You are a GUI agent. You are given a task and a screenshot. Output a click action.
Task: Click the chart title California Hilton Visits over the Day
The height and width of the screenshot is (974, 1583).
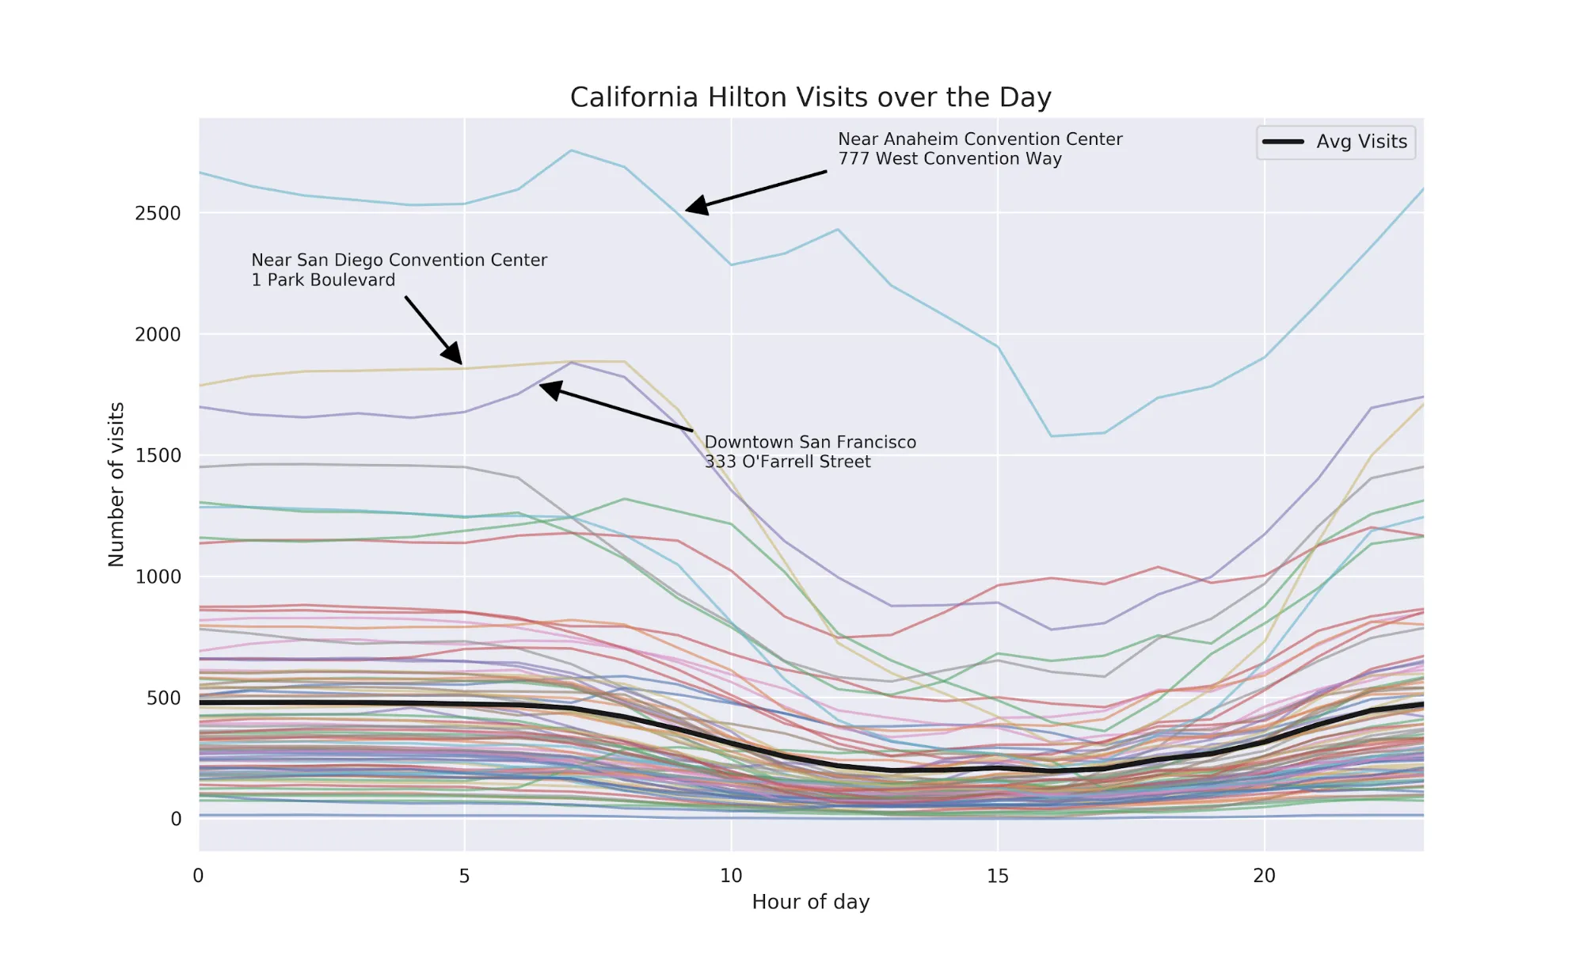click(x=810, y=97)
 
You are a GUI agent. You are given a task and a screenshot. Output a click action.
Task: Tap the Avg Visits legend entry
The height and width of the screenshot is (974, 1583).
click(x=1360, y=142)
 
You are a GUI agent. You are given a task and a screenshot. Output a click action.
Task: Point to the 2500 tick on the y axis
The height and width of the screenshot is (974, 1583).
click(x=158, y=213)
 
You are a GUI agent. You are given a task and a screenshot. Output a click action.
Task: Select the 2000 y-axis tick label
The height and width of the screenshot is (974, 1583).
click(x=158, y=334)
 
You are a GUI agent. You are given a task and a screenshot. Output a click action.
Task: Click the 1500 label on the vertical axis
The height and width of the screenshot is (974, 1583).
click(x=158, y=455)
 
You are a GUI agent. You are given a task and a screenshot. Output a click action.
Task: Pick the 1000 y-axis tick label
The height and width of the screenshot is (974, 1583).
click(x=158, y=576)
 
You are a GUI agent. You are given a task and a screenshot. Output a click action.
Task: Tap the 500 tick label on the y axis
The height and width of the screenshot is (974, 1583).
click(x=163, y=698)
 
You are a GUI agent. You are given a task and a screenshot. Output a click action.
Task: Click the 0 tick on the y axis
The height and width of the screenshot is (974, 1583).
click(x=176, y=819)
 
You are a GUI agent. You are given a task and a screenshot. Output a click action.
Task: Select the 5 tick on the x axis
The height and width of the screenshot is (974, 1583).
click(x=464, y=876)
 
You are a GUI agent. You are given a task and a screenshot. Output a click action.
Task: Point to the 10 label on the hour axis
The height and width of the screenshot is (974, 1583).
click(x=731, y=876)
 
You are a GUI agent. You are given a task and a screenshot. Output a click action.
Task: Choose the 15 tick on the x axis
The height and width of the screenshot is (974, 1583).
click(x=997, y=876)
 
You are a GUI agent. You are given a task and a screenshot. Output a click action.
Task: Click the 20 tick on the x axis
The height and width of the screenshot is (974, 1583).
click(x=1264, y=876)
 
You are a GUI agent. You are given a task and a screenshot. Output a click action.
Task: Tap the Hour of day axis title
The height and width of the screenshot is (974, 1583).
click(x=810, y=902)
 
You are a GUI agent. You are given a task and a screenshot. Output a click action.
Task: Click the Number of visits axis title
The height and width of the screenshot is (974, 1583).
click(x=116, y=484)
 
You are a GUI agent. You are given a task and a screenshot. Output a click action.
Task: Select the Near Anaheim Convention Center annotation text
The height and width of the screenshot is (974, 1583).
click(x=980, y=139)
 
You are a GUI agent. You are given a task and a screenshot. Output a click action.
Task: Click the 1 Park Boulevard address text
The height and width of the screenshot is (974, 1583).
click(x=323, y=280)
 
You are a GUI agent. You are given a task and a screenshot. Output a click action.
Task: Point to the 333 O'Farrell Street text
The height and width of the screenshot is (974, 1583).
click(x=787, y=462)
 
